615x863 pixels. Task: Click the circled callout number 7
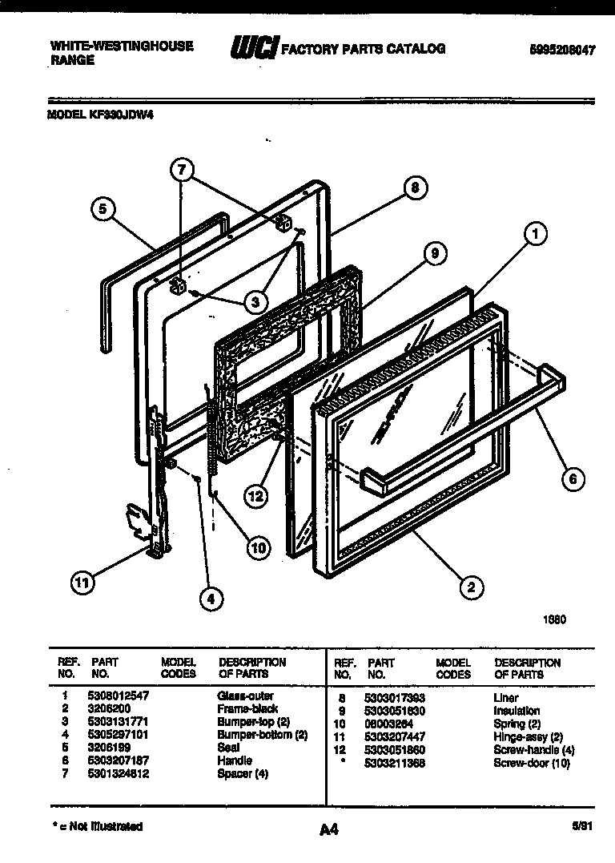(x=182, y=170)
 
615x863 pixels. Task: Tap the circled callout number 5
(x=102, y=210)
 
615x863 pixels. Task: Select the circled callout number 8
(x=414, y=189)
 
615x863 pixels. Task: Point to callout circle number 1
(x=536, y=233)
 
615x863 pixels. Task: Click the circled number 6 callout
(x=572, y=479)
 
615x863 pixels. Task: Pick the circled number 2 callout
(x=471, y=587)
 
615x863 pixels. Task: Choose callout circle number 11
(x=81, y=583)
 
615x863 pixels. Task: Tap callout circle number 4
(x=211, y=597)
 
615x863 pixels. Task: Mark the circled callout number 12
(x=255, y=496)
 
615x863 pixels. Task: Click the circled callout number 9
(x=433, y=254)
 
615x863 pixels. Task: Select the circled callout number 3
(x=255, y=302)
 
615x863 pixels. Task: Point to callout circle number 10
(x=257, y=548)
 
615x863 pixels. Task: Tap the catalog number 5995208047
(x=562, y=49)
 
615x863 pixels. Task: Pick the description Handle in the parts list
(x=234, y=760)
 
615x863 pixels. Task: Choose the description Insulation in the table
(x=517, y=710)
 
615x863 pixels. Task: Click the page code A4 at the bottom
(x=328, y=830)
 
